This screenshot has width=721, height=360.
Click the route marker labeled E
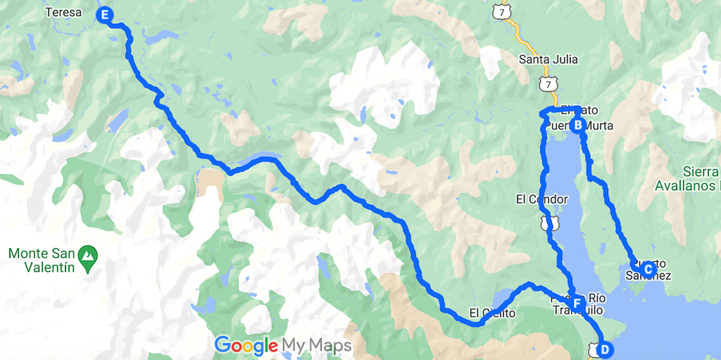(x=106, y=14)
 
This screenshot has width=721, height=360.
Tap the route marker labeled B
(x=577, y=126)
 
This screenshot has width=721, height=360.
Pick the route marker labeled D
(x=605, y=348)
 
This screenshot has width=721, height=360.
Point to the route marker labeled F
(x=577, y=304)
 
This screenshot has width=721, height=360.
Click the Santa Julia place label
(x=548, y=59)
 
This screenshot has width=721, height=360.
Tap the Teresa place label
(x=63, y=12)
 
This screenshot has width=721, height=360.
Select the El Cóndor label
(x=542, y=199)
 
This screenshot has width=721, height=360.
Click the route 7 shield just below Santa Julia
(x=549, y=84)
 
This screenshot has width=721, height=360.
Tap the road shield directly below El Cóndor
(x=548, y=223)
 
